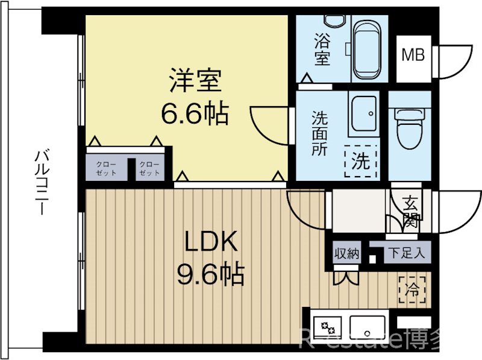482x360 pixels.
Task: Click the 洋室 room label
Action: tap(194, 81)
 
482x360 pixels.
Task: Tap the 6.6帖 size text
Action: tap(194, 113)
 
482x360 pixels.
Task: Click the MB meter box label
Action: tap(413, 55)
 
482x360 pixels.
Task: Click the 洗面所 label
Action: tap(319, 134)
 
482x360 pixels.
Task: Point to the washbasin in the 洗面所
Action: tap(363, 114)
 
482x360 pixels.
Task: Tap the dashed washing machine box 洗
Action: tap(360, 162)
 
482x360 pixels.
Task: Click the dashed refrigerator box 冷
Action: tap(412, 289)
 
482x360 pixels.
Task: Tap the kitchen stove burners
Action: tap(328, 327)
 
